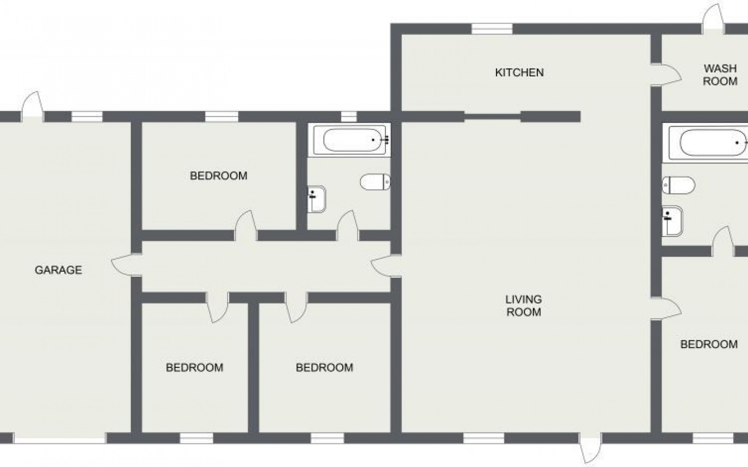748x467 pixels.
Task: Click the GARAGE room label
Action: (x=58, y=270)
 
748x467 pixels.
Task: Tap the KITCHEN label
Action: (x=519, y=72)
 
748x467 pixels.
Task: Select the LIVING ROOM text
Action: (x=523, y=305)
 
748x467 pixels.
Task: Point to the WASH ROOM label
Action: (x=720, y=75)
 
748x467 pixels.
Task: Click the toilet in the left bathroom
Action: (x=375, y=182)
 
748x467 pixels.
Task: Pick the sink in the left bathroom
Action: (x=316, y=199)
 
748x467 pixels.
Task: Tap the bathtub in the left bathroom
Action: (x=351, y=140)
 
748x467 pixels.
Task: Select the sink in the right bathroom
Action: (x=672, y=221)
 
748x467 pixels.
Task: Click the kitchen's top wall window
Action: (x=492, y=29)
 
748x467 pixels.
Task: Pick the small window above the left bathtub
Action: (x=349, y=116)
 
